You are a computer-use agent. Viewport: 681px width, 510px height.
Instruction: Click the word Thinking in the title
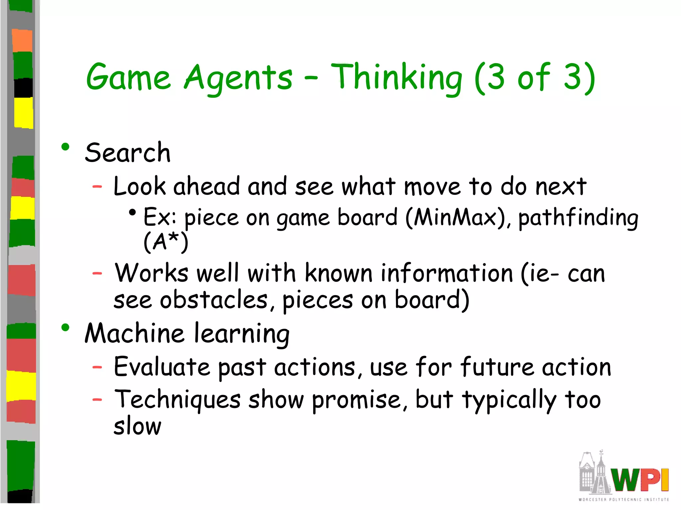pyautogui.click(x=396, y=78)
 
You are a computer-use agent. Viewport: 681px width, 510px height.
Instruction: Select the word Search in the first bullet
pyautogui.click(x=128, y=153)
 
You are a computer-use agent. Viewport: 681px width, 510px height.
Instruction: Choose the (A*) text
pyautogui.click(x=166, y=242)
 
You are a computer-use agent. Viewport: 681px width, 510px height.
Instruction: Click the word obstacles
pyautogui.click(x=214, y=300)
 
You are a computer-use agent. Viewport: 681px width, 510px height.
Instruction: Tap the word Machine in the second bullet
pyautogui.click(x=134, y=333)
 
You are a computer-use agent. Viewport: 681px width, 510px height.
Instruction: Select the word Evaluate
pyautogui.click(x=162, y=367)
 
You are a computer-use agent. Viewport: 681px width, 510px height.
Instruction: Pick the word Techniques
pyautogui.click(x=177, y=399)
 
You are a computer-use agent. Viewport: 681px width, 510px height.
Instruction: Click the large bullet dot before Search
pyautogui.click(x=65, y=147)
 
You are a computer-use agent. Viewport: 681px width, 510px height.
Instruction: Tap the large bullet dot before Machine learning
pyautogui.click(x=65, y=328)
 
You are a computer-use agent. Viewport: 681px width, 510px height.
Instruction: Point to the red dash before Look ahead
pyautogui.click(x=97, y=187)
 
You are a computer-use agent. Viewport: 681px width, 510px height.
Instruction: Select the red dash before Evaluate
pyautogui.click(x=97, y=367)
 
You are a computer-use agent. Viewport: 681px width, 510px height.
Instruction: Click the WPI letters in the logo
pyautogui.click(x=640, y=480)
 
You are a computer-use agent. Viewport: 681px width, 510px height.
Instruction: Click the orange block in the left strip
pyautogui.click(x=22, y=41)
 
